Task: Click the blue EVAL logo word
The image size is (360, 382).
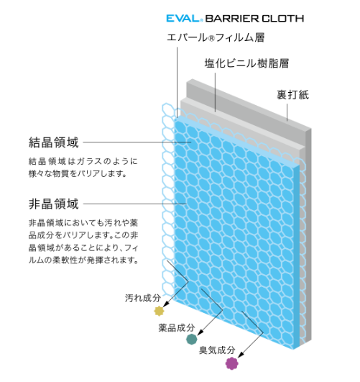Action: click(183, 19)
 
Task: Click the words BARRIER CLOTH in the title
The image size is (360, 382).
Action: click(254, 19)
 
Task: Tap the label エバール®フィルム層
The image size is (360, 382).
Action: click(216, 37)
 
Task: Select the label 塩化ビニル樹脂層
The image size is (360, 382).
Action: click(246, 63)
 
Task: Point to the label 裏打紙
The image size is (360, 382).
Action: click(293, 95)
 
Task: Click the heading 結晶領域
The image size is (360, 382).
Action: click(54, 142)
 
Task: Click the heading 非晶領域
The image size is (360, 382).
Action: click(54, 204)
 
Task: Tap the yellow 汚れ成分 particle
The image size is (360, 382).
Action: click(160, 311)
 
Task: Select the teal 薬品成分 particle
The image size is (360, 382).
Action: click(192, 339)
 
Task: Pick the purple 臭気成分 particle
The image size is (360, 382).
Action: click(231, 363)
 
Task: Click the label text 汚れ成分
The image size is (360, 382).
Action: click(143, 298)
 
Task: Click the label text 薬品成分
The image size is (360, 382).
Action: click(177, 327)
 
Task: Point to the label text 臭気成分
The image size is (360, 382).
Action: click(217, 350)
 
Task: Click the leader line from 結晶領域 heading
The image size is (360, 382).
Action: click(137, 142)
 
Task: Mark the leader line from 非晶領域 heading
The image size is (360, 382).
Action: click(135, 204)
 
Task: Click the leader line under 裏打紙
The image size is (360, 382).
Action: click(287, 112)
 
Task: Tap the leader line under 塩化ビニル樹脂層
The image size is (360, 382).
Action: click(215, 92)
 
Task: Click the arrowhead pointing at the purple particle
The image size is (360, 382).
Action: click(240, 355)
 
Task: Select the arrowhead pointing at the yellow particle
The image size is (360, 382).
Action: click(165, 304)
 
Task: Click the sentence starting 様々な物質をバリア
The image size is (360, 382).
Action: click(78, 173)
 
